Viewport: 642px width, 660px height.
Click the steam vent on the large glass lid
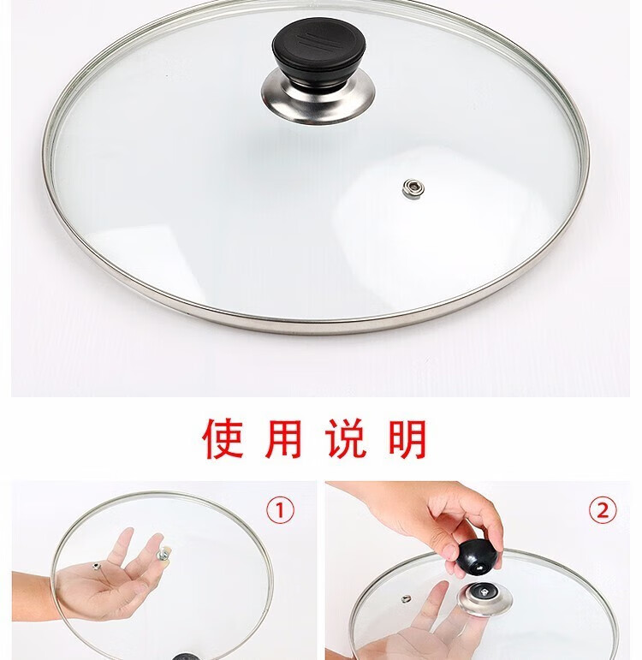(413, 188)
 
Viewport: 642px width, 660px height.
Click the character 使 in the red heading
(223, 438)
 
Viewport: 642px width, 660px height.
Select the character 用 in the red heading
(283, 438)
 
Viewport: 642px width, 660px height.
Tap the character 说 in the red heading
(345, 438)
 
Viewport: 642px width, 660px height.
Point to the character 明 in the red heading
(407, 438)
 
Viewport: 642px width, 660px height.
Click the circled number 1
(281, 510)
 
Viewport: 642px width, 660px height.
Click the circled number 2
(603, 510)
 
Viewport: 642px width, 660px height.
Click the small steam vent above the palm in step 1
(96, 566)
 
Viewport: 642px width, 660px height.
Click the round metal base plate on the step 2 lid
(485, 598)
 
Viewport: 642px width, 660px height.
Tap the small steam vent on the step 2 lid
(406, 598)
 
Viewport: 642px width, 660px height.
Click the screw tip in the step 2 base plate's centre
(485, 592)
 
